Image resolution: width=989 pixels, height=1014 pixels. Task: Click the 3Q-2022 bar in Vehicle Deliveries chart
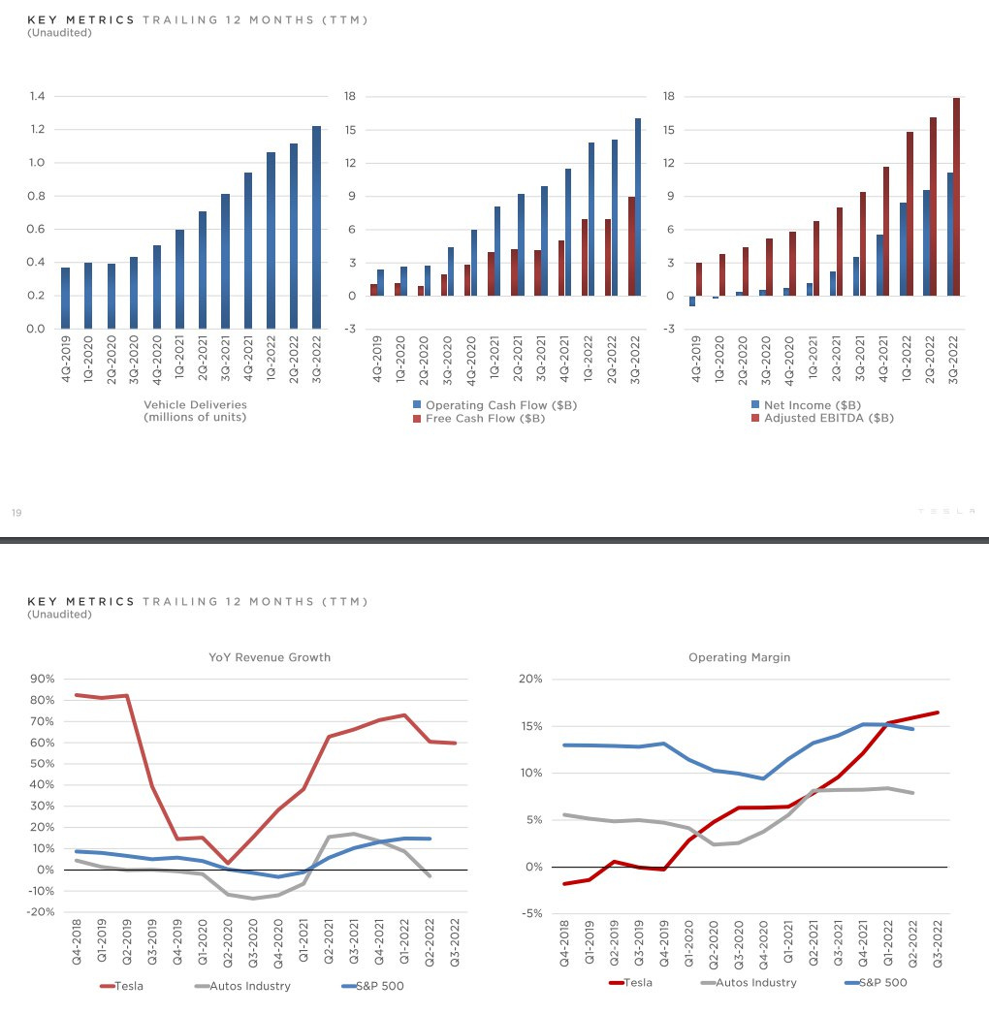coord(316,228)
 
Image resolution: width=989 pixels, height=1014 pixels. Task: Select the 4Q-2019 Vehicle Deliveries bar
coord(65,298)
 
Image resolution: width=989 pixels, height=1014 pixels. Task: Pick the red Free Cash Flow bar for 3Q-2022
coord(630,246)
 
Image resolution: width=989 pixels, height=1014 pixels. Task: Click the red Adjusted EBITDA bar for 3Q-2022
coord(956,197)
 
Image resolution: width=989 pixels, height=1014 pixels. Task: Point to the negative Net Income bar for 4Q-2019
coord(692,301)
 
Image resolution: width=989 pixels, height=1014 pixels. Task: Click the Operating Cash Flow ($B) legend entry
coord(494,405)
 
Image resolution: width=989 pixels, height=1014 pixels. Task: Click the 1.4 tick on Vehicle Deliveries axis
coord(38,96)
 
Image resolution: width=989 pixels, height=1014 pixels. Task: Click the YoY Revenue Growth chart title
coord(270,657)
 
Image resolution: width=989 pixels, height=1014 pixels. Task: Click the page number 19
coord(16,513)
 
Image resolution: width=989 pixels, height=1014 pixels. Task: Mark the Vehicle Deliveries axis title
coord(195,411)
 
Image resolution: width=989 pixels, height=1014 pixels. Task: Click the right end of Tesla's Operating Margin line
coord(937,713)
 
